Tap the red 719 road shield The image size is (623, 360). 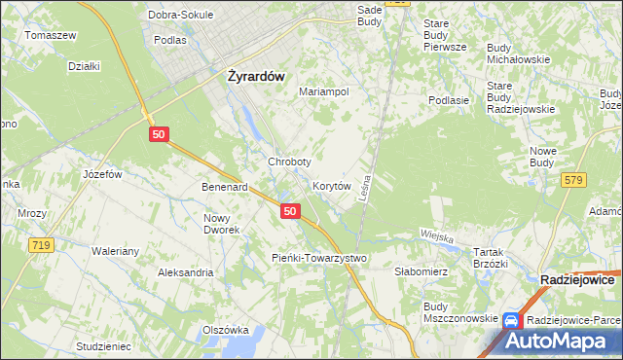click(40, 246)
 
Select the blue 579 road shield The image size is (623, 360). click(574, 179)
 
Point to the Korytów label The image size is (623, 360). click(331, 185)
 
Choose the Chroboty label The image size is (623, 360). click(289, 162)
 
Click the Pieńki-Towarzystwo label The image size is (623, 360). click(316, 258)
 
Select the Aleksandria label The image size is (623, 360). click(186, 273)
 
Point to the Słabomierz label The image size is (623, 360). click(421, 272)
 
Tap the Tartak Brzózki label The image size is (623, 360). click(491, 257)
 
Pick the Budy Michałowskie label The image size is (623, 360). click(519, 53)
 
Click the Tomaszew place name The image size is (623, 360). click(51, 35)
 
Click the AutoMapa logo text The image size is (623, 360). click(568, 341)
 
